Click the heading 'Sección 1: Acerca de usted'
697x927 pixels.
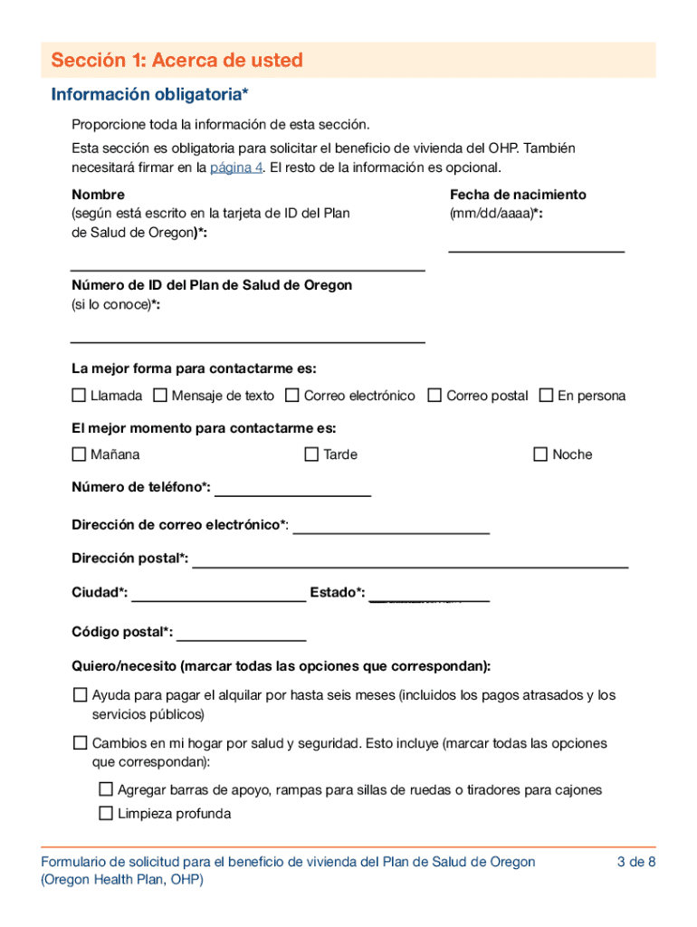tap(177, 61)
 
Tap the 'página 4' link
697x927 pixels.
tap(230, 167)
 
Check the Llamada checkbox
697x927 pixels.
tap(79, 396)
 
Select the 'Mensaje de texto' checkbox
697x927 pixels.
tap(160, 396)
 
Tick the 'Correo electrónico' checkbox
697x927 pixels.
tap(292, 396)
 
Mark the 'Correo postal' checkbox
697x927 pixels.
tap(434, 396)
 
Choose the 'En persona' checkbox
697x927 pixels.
tap(546, 396)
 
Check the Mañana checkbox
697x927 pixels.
tap(79, 454)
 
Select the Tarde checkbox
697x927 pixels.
tap(311, 454)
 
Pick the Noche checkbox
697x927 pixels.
tap(540, 454)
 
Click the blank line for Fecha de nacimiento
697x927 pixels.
tap(536, 244)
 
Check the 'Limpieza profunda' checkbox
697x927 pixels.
tap(106, 813)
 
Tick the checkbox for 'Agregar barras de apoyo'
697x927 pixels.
tap(106, 789)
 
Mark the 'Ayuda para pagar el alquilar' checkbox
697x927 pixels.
tap(80, 695)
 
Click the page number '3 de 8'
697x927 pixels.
tap(635, 862)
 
